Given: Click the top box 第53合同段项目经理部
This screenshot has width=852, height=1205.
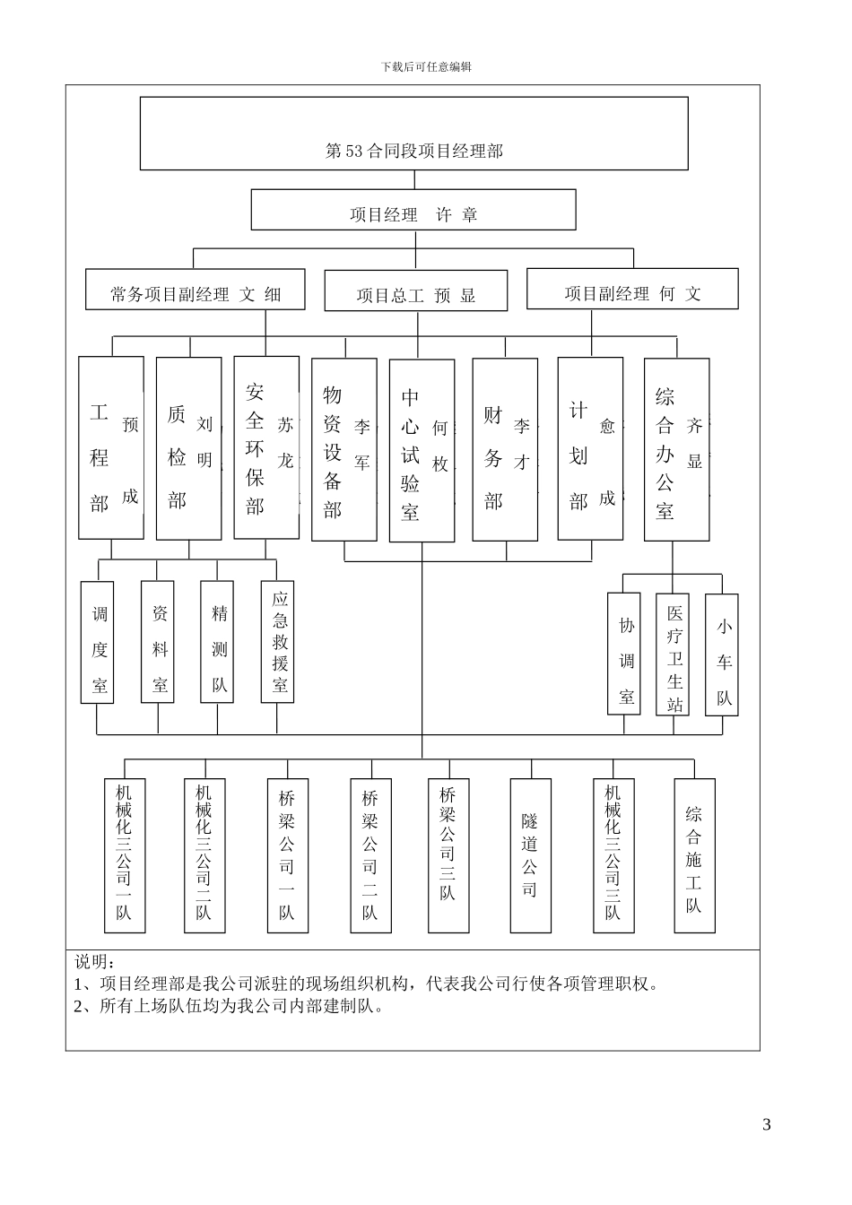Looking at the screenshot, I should [413, 134].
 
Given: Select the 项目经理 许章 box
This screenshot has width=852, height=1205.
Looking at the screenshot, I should [413, 210].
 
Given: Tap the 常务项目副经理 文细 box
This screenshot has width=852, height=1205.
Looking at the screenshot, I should [196, 290].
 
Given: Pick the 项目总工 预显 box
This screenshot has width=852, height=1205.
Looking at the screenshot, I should [415, 290].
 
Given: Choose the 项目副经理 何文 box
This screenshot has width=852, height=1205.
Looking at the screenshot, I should [632, 289].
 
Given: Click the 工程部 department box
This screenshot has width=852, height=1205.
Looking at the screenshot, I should [111, 448].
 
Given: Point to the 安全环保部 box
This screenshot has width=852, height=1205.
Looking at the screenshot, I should [266, 447].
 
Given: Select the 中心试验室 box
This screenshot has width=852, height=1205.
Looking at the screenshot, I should [422, 451].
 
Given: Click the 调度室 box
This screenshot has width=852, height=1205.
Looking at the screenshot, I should [98, 642].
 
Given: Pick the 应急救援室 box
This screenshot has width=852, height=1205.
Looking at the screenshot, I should [278, 642].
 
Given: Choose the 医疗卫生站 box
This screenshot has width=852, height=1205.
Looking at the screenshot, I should [673, 655].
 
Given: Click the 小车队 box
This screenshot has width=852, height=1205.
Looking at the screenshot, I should [722, 655].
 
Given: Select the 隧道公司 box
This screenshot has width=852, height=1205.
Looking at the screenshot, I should [530, 854].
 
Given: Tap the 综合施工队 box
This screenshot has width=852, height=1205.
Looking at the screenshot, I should [695, 856].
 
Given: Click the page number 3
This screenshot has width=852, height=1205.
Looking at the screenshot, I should [766, 1125].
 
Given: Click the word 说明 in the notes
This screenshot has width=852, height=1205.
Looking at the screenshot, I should [91, 963].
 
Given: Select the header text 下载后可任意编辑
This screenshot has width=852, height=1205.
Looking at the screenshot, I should [426, 67].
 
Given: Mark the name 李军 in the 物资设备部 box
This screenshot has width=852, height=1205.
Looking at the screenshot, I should [361, 445].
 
